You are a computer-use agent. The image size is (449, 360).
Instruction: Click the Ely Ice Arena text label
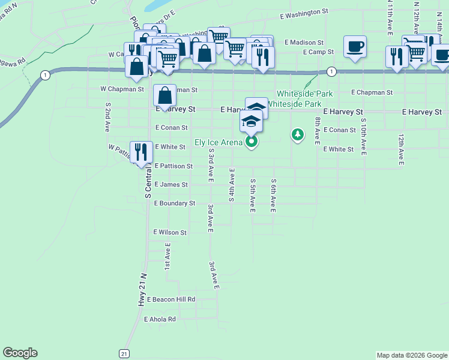coord(218,143)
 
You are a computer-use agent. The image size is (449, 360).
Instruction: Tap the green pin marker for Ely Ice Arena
coord(252,142)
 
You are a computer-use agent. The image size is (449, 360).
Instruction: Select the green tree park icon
coord(297,134)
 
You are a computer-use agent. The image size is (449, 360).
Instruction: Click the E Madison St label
coord(304,43)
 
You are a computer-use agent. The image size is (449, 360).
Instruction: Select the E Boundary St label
coord(175,203)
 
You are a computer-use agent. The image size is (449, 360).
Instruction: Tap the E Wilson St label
coord(170,232)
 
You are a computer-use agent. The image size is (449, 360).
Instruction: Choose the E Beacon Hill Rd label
coord(170,299)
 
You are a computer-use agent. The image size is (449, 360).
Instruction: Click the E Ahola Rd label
coord(160,319)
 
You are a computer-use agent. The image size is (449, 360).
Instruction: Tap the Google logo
coord(20,353)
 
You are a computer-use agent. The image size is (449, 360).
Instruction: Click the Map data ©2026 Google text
coord(411,355)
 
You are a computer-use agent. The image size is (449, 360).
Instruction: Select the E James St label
coord(171,185)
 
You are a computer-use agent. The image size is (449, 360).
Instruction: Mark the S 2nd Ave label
coord(108,117)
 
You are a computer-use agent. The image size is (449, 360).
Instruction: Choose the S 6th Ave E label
coord(273,196)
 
